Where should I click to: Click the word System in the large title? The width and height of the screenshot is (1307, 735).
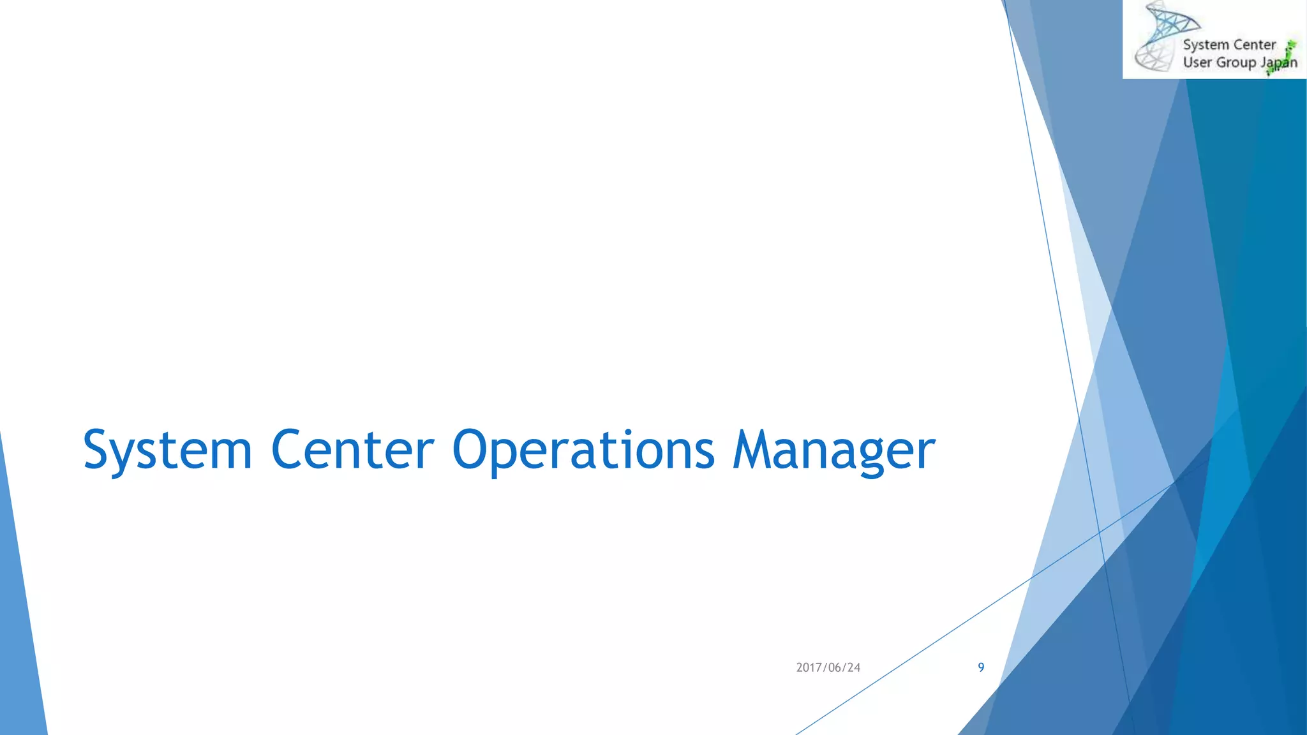point(168,450)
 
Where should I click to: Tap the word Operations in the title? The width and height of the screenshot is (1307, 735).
point(583,450)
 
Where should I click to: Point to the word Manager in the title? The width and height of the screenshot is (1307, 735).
point(833,450)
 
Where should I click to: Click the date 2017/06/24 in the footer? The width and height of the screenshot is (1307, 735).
point(828,667)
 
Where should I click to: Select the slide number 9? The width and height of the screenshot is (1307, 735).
point(981,667)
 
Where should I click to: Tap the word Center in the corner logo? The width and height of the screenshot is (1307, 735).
point(1254,45)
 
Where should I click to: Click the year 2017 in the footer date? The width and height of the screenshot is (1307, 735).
point(809,667)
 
